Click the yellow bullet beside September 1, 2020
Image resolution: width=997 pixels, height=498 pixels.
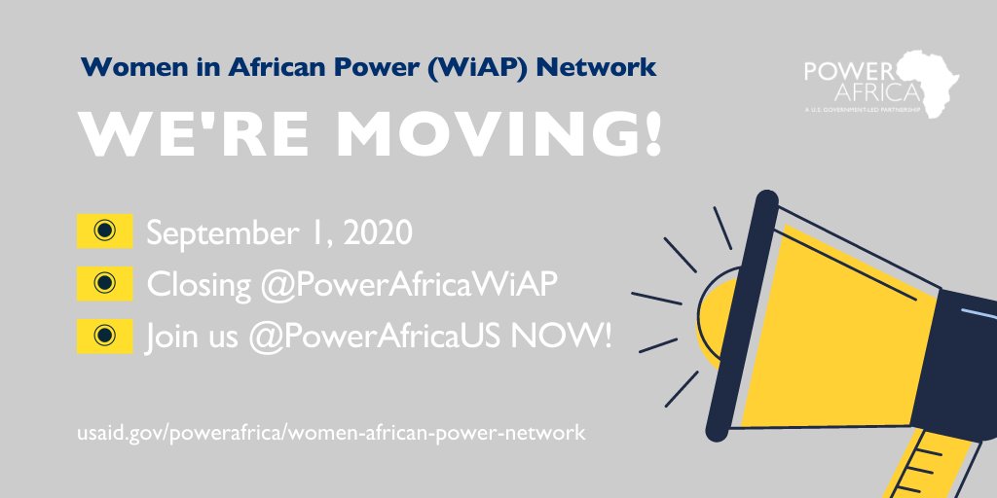pyautogui.click(x=104, y=231)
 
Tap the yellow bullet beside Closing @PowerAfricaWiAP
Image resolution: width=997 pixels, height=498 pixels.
pyautogui.click(x=104, y=283)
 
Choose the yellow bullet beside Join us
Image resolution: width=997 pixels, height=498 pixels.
pyautogui.click(x=104, y=336)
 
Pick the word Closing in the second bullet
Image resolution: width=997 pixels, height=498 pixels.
pyautogui.click(x=199, y=286)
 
